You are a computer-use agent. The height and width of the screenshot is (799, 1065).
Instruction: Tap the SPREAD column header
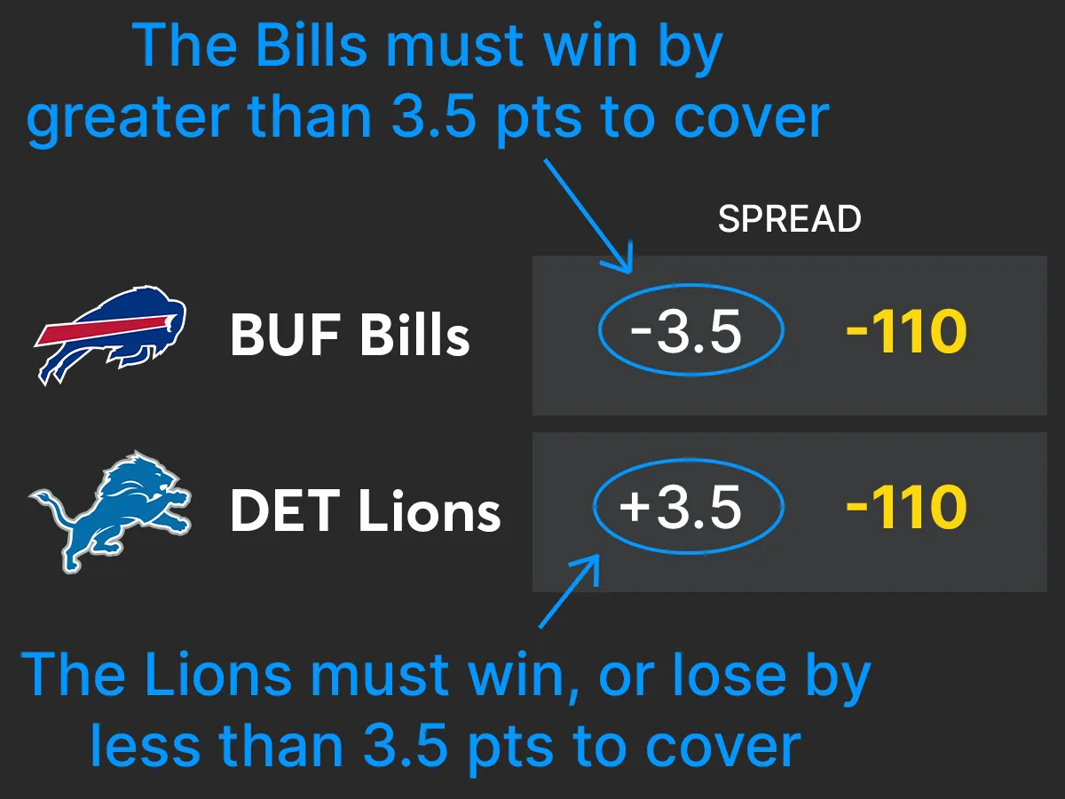coord(789,219)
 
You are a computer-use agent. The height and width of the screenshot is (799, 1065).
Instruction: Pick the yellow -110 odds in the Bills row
coord(905,333)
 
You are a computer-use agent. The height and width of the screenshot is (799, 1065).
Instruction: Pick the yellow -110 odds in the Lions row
coord(905,508)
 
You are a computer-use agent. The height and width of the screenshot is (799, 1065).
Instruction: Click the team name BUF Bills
coord(350,336)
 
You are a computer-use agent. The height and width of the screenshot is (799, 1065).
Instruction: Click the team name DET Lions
coord(365,511)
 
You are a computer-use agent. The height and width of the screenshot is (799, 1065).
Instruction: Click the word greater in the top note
coord(125,117)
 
